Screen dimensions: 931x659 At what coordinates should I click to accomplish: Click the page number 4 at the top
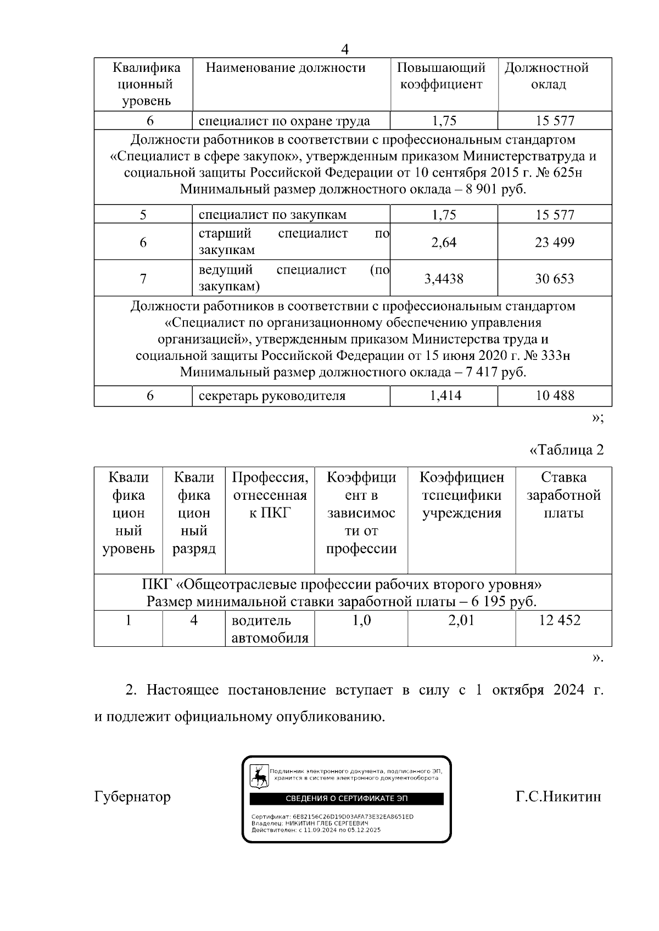[x=345, y=49]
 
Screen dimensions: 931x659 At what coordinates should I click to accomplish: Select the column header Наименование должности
[x=286, y=68]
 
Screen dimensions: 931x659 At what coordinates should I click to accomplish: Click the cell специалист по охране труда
[x=284, y=121]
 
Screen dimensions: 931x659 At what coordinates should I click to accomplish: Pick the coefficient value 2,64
[x=444, y=242]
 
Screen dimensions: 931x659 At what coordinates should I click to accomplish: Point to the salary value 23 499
[x=555, y=242]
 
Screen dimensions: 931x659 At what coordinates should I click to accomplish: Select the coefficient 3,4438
[x=444, y=279]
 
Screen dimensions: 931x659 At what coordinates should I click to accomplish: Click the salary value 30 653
[x=555, y=279]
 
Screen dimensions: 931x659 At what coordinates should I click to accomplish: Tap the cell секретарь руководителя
[x=272, y=396]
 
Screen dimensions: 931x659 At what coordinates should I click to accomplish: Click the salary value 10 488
[x=555, y=396]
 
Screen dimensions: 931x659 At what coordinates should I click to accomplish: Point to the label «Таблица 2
[x=566, y=450]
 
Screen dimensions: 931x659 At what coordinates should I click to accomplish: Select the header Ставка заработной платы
[x=563, y=495]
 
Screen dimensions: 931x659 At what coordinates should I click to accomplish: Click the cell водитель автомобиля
[x=270, y=629]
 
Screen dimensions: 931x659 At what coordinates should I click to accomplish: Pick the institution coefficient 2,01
[x=461, y=620]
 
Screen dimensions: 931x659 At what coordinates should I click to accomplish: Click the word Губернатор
[x=132, y=797]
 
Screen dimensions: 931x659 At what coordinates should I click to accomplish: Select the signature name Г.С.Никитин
[x=558, y=797]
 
